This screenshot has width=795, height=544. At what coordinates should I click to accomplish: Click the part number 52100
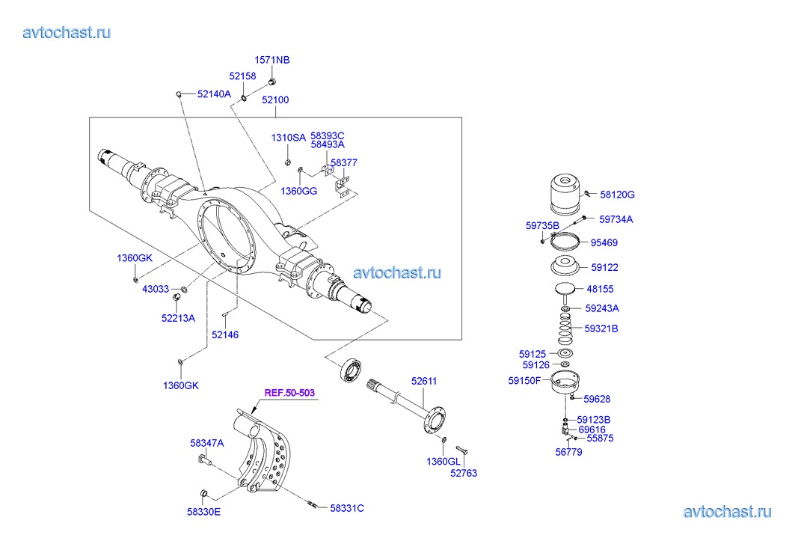point(275,100)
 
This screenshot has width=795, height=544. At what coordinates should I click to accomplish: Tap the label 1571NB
point(272,60)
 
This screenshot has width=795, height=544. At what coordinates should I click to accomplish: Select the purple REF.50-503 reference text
point(289,393)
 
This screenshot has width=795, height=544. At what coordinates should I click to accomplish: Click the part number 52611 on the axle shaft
point(423,381)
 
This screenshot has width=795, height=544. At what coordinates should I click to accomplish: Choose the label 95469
point(604,242)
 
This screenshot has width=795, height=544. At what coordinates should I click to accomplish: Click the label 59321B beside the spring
point(601,328)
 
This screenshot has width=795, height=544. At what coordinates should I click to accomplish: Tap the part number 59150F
point(524,381)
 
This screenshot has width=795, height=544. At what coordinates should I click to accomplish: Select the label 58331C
point(347,508)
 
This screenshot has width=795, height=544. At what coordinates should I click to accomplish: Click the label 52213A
point(178,317)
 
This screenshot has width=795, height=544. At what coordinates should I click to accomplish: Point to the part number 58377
point(344,162)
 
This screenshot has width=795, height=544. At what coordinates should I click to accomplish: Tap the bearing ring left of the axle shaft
point(350,371)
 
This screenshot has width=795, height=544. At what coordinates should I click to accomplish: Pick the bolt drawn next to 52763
point(461,450)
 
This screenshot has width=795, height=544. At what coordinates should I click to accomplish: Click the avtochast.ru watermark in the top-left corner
point(67,32)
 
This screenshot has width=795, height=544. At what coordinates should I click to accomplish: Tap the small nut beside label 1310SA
point(288,162)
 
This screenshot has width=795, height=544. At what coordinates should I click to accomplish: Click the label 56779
point(569,452)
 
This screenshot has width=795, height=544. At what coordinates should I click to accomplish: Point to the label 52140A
point(214,95)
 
